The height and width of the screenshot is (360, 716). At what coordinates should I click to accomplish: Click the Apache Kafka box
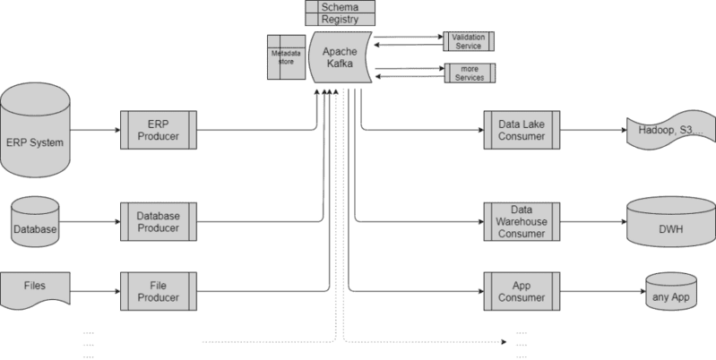[341, 57]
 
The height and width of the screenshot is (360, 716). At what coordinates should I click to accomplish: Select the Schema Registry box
[341, 13]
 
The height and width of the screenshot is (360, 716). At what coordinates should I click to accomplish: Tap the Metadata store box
[286, 57]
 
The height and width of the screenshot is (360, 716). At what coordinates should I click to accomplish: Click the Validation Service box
[469, 41]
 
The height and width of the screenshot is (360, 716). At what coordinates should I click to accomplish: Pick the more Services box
[470, 73]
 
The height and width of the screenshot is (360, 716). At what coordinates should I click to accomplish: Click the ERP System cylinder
[35, 131]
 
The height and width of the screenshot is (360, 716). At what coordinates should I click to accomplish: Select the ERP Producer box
[159, 130]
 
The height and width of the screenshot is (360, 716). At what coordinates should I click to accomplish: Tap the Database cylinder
[35, 222]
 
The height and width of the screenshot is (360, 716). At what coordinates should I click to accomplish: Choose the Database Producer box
[159, 222]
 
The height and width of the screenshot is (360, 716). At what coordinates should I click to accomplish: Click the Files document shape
[35, 291]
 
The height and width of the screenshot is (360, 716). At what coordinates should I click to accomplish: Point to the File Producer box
[159, 291]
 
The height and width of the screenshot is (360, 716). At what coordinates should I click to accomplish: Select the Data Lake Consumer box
[522, 130]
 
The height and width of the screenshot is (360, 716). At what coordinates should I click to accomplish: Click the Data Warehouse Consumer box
[522, 222]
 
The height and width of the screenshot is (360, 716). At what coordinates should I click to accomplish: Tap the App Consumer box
[522, 291]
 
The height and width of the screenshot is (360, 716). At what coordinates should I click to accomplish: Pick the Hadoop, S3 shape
[671, 130]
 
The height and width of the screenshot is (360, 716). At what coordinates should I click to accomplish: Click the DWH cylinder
[671, 222]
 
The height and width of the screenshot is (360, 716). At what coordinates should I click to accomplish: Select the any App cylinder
[671, 292]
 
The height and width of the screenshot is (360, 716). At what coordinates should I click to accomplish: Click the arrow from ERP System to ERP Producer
[95, 130]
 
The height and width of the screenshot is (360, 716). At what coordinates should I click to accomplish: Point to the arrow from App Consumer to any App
[603, 291]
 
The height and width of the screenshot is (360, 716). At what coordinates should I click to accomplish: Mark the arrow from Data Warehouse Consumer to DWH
[593, 222]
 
